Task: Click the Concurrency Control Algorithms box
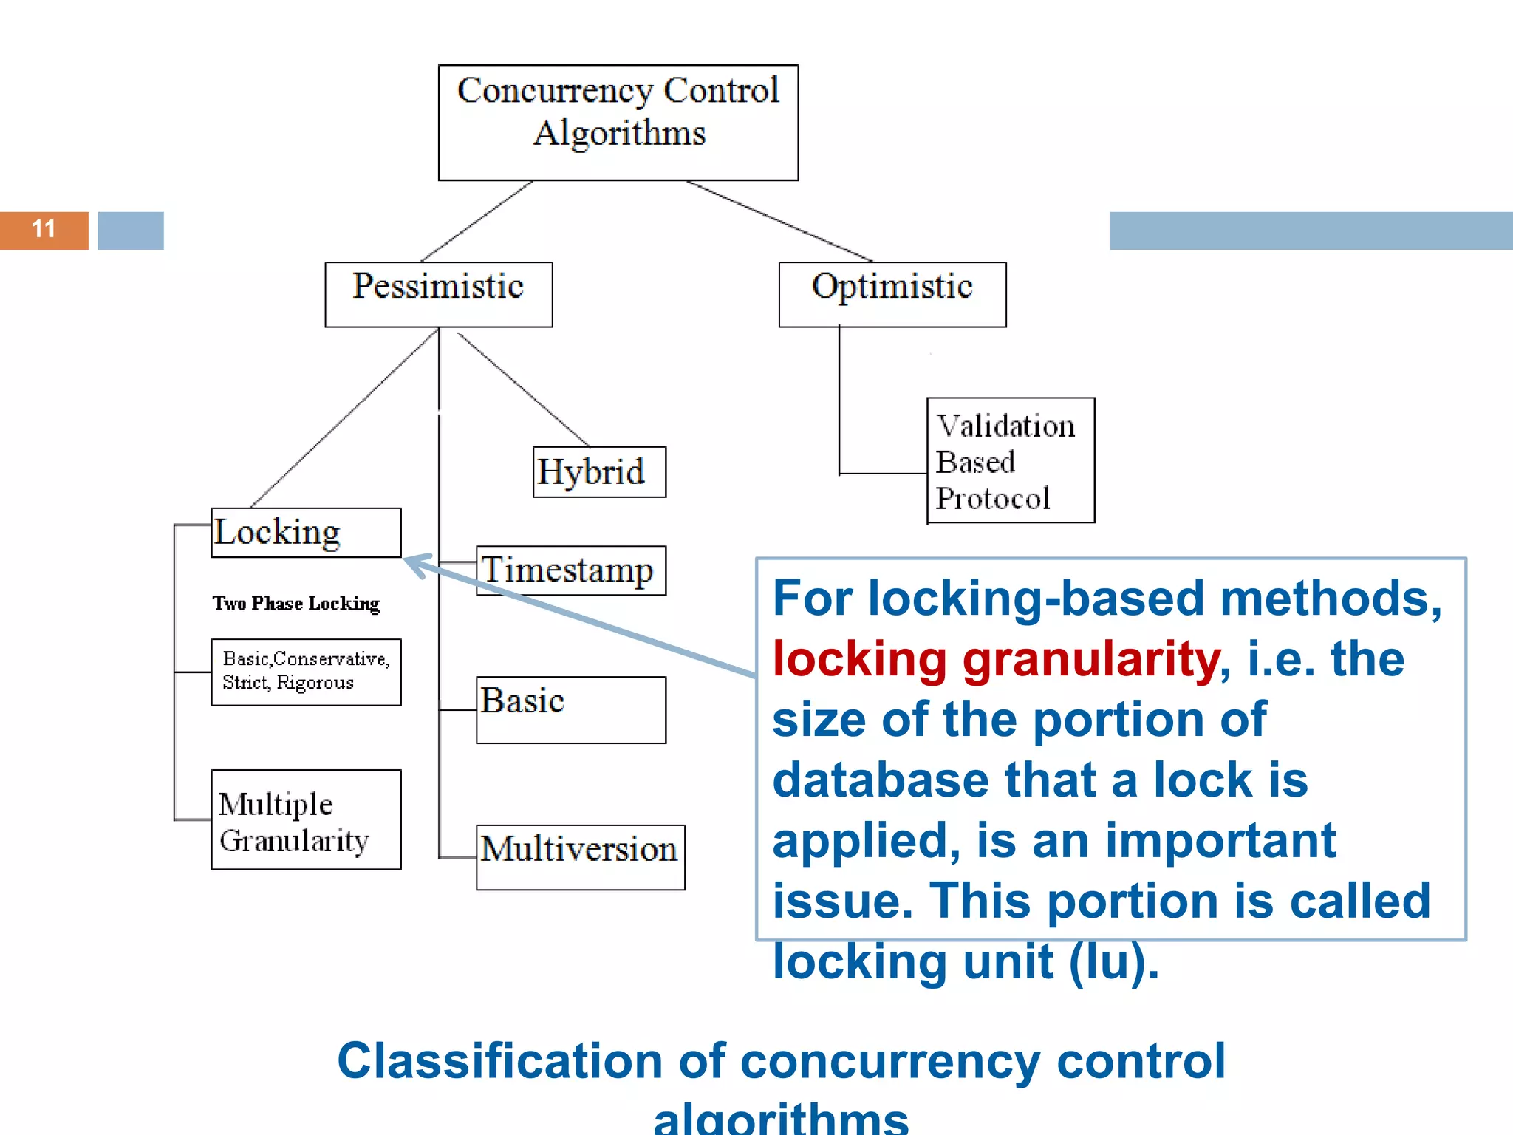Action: pyautogui.click(x=618, y=122)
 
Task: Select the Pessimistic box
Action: pyautogui.click(x=438, y=294)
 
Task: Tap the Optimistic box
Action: pyautogui.click(x=892, y=294)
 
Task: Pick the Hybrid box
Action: pyautogui.click(x=599, y=471)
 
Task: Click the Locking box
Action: pyautogui.click(x=306, y=532)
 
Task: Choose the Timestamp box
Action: pyautogui.click(x=570, y=570)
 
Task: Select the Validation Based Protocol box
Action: pyautogui.click(x=1010, y=460)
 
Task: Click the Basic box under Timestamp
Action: pyautogui.click(x=570, y=709)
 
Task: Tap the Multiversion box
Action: pyautogui.click(x=580, y=856)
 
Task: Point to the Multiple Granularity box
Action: pyautogui.click(x=306, y=819)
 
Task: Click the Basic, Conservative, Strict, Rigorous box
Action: pyautogui.click(x=306, y=672)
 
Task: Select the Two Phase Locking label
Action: pyautogui.click(x=296, y=604)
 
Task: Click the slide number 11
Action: pyautogui.click(x=44, y=230)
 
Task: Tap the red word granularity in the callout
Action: pyautogui.click(x=1091, y=659)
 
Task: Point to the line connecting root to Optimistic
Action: pyautogui.click(x=779, y=221)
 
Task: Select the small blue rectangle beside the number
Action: pyautogui.click(x=131, y=231)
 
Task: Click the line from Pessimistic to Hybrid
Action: pyautogui.click(x=523, y=389)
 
